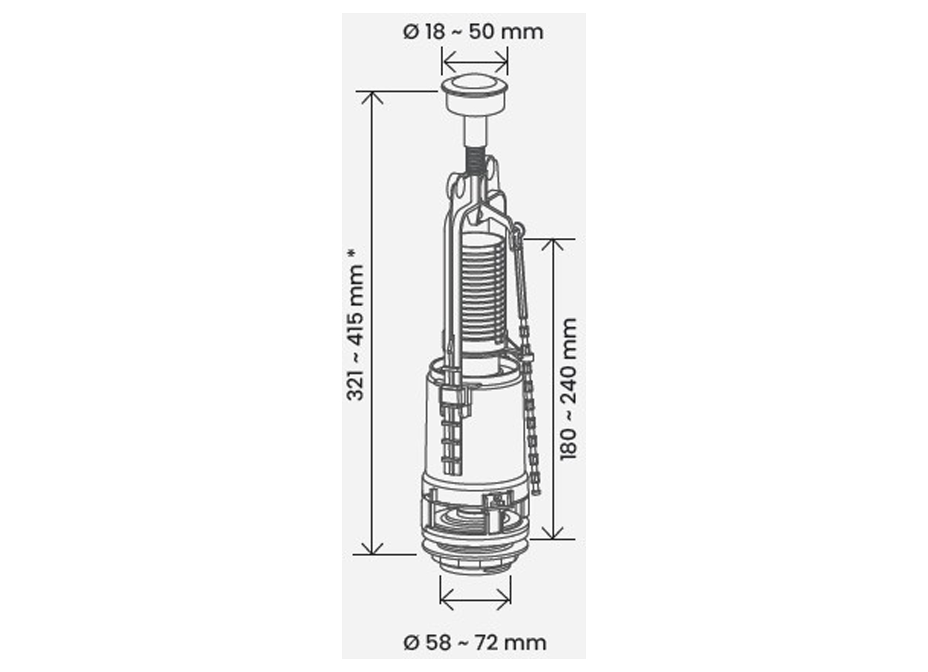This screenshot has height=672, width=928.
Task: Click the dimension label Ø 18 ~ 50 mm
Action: click(473, 32)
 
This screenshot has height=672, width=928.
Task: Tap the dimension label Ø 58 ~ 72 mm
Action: click(475, 643)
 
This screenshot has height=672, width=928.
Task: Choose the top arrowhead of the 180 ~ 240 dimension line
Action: click(553, 244)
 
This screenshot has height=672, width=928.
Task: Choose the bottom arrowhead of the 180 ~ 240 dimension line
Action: click(553, 533)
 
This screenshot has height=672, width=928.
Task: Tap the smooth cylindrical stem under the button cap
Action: click(475, 132)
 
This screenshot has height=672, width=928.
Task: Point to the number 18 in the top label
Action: click(435, 32)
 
